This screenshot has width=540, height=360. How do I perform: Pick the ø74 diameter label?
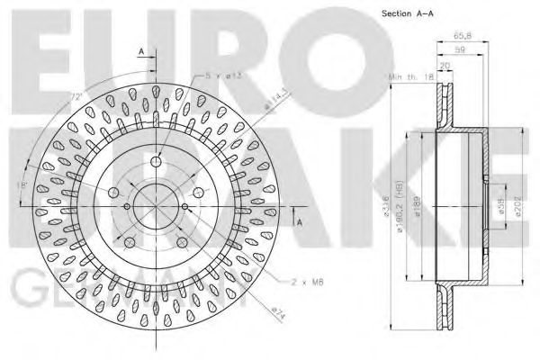click(x=278, y=311)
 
